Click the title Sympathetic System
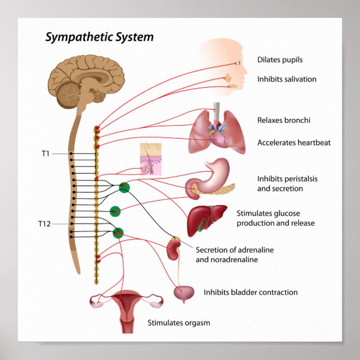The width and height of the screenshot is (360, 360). click(x=99, y=37)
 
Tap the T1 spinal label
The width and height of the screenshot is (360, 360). click(x=46, y=153)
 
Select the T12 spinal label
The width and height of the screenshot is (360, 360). click(x=45, y=224)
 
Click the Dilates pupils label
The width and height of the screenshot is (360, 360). click(x=280, y=60)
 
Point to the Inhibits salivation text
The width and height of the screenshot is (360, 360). click(x=287, y=79)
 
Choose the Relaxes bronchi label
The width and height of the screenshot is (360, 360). click(x=283, y=120)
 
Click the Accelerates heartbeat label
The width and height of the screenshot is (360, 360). click(x=294, y=143)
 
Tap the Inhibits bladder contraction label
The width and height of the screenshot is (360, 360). click(x=250, y=292)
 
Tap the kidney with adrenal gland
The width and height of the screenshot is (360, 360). click(x=174, y=249)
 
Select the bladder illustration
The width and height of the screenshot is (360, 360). click(x=184, y=293)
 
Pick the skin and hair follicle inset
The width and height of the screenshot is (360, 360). click(x=150, y=159)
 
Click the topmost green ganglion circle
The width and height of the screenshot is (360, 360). click(x=124, y=188)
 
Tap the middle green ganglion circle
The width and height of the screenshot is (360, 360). click(x=115, y=211)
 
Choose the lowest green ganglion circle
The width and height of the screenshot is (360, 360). click(x=118, y=232)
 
